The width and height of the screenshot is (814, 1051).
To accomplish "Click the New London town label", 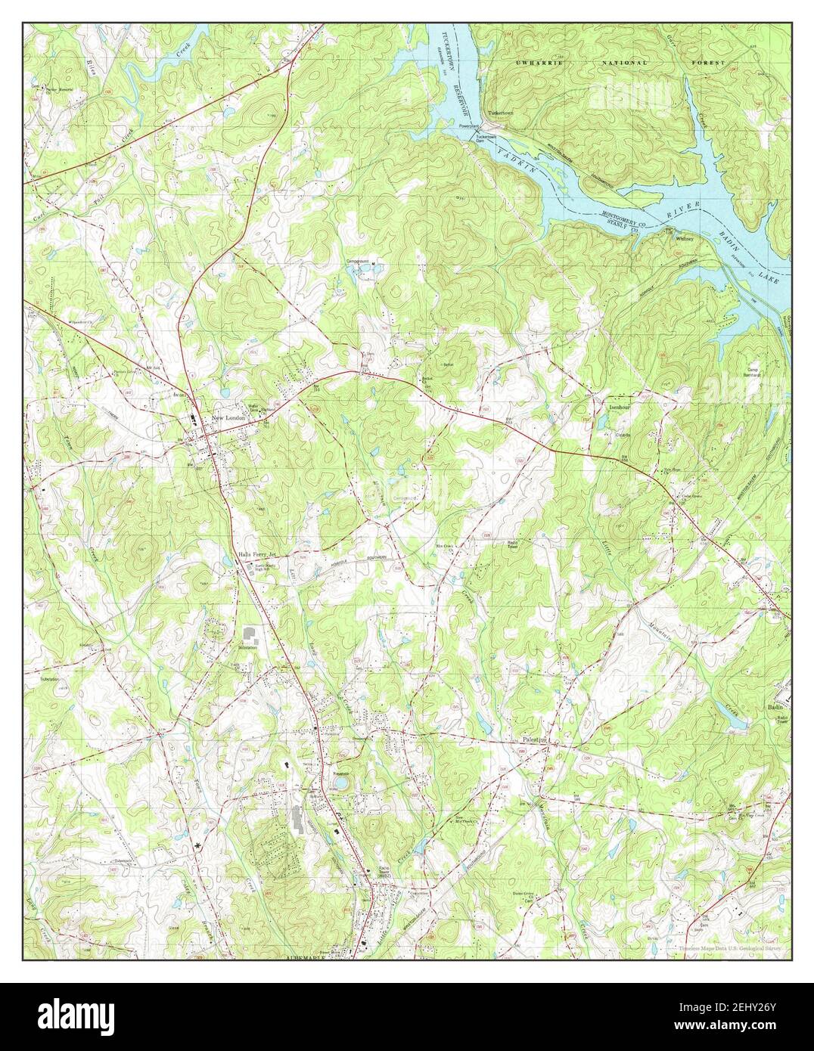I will click(230, 417).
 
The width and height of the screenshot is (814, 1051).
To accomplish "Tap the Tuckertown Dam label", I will click(485, 139).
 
